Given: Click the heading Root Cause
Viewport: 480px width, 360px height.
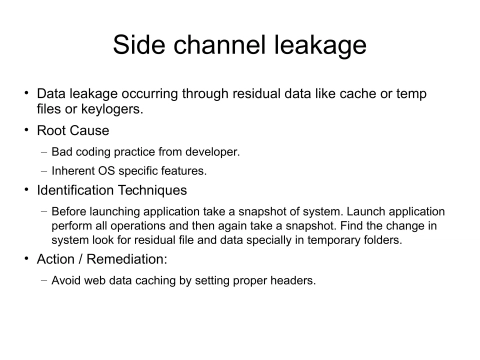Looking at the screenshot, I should pos(73,130).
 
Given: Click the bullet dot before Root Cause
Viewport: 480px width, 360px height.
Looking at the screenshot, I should pos(27,130).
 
